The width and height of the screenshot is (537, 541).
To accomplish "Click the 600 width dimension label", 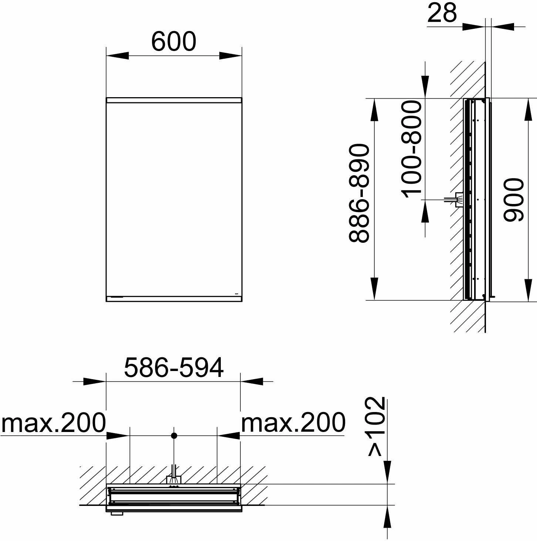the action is tap(173, 41).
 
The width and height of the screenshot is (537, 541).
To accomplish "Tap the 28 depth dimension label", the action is tap(442, 13).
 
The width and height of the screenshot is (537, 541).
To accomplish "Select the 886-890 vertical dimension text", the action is tap(359, 193).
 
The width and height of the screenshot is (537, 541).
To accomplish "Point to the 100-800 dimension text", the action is tap(411, 149).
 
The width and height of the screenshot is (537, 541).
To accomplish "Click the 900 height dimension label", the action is tap(513, 200).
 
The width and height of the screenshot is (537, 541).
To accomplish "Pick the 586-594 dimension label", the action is tap(174, 368).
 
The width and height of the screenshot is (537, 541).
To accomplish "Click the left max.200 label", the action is tap(53, 422).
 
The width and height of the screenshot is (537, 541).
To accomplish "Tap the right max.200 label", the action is tap(293, 422).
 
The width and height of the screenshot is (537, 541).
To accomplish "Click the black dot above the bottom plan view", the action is tap(174, 436).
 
